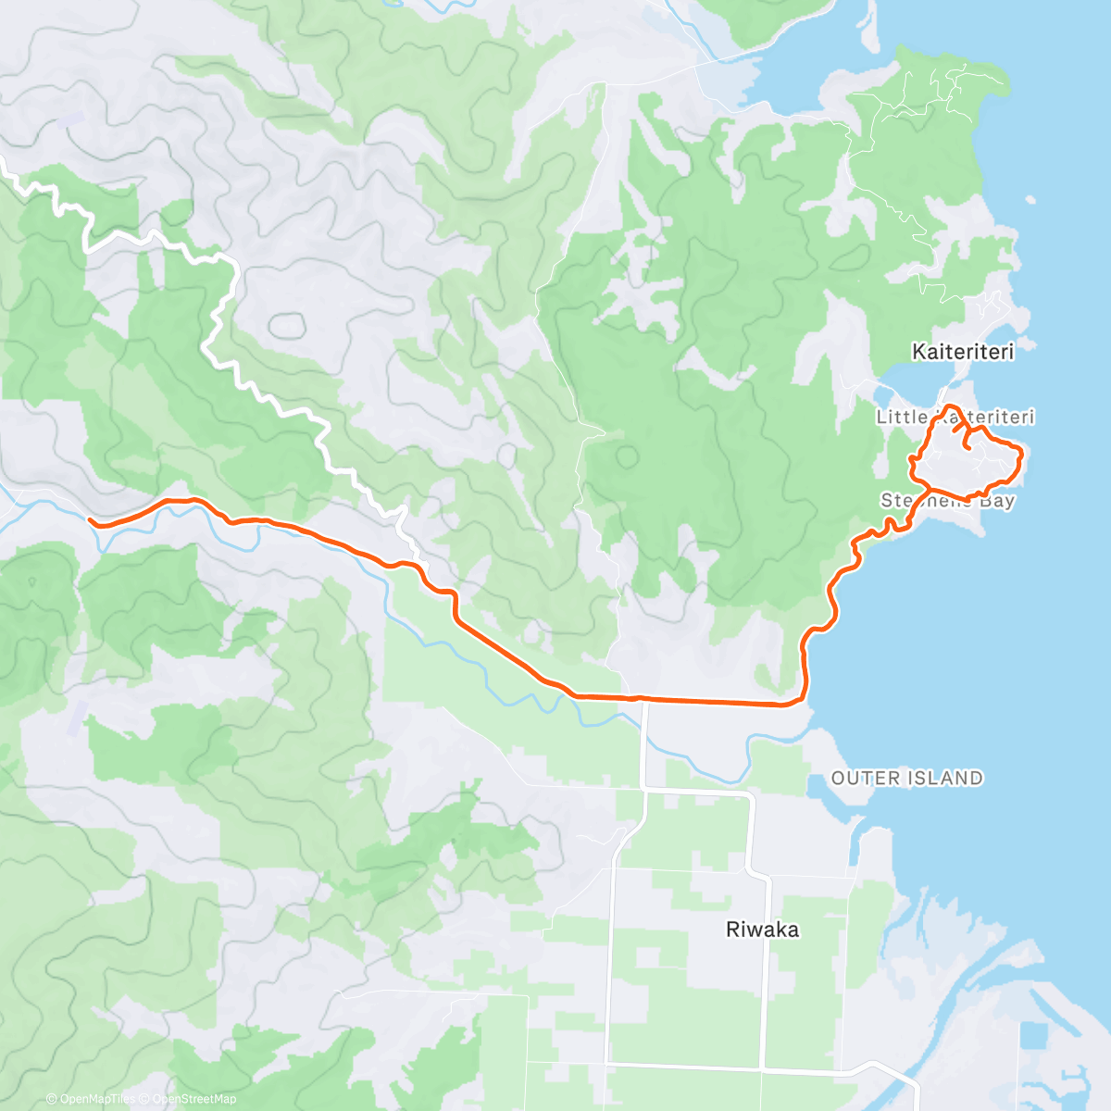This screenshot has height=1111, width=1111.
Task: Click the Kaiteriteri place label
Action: click(962, 352)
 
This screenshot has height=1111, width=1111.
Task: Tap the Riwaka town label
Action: click(762, 930)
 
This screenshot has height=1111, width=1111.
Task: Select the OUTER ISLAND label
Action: click(906, 778)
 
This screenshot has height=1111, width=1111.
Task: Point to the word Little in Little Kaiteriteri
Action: click(901, 418)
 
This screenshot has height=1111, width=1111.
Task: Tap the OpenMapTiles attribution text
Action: click(96, 1099)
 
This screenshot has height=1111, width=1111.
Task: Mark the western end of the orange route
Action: click(91, 521)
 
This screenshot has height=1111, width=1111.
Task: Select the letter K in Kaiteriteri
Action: click(918, 352)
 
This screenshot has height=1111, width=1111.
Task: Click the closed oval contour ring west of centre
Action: click(286, 325)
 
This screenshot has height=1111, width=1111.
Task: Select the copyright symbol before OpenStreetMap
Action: click(144, 1099)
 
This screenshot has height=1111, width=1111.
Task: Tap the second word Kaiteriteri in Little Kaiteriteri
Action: click(983, 418)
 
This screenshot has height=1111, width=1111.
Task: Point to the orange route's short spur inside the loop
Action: click(967, 441)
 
